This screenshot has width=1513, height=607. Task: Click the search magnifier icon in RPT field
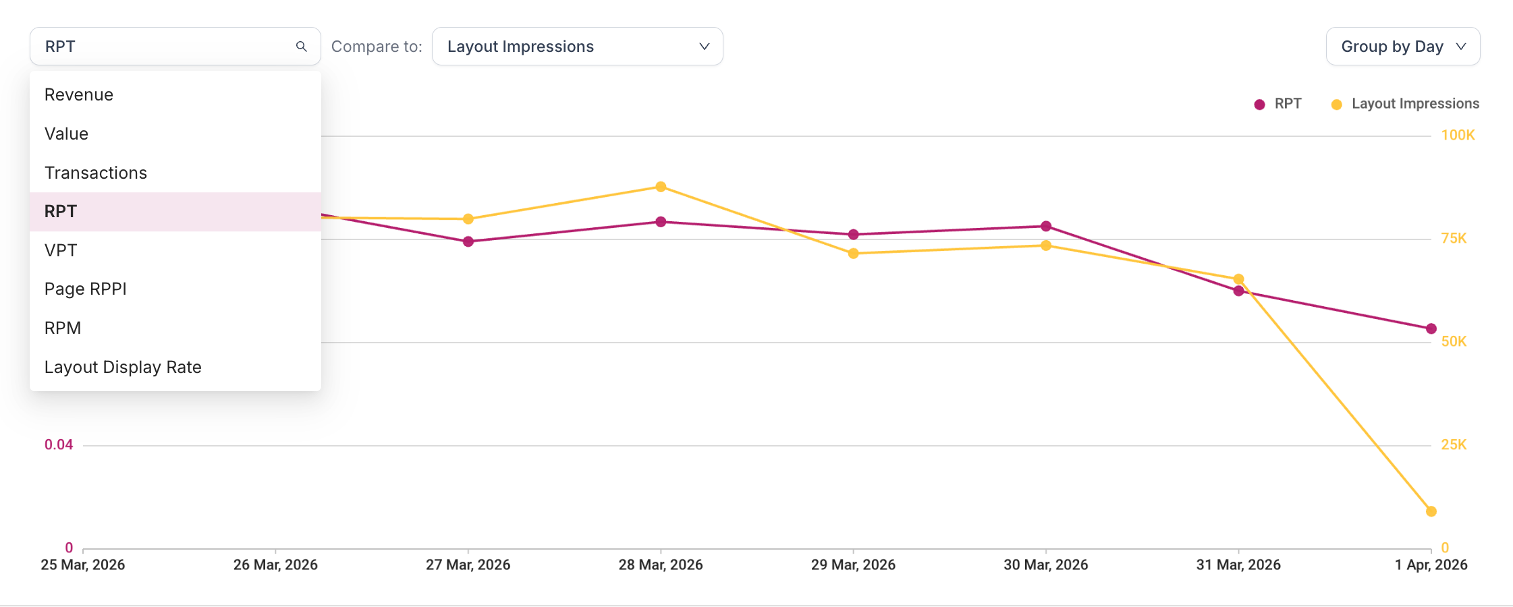pyautogui.click(x=301, y=47)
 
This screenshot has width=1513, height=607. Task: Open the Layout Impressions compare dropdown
pyautogui.click(x=577, y=47)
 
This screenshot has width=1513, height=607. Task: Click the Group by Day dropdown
pyautogui.click(x=1402, y=47)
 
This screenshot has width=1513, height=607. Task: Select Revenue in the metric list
pyautogui.click(x=79, y=94)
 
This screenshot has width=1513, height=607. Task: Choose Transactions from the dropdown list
pyautogui.click(x=96, y=173)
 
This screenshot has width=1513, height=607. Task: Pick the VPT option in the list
pyautogui.click(x=61, y=250)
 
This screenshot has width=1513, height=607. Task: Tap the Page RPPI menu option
pyautogui.click(x=86, y=289)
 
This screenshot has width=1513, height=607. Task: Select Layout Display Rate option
pyautogui.click(x=123, y=367)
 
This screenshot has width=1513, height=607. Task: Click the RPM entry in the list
pyautogui.click(x=63, y=328)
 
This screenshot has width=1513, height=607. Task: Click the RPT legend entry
pyautogui.click(x=1278, y=104)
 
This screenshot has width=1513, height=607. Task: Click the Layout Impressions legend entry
pyautogui.click(x=1405, y=104)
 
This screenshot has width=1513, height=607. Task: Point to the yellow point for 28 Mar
pyautogui.click(x=661, y=187)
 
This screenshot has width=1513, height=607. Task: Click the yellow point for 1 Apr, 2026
pyautogui.click(x=1431, y=511)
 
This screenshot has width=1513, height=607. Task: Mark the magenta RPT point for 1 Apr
pyautogui.click(x=1431, y=328)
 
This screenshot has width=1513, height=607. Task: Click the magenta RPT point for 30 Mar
pyautogui.click(x=1045, y=226)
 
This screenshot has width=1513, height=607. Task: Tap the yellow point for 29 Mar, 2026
pyautogui.click(x=853, y=254)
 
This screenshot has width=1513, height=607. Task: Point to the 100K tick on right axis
pyautogui.click(x=1458, y=135)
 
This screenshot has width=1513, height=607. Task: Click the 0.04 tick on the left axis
pyautogui.click(x=59, y=444)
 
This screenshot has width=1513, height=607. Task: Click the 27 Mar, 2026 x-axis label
pyautogui.click(x=468, y=565)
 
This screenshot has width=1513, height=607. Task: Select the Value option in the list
pyautogui.click(x=66, y=134)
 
